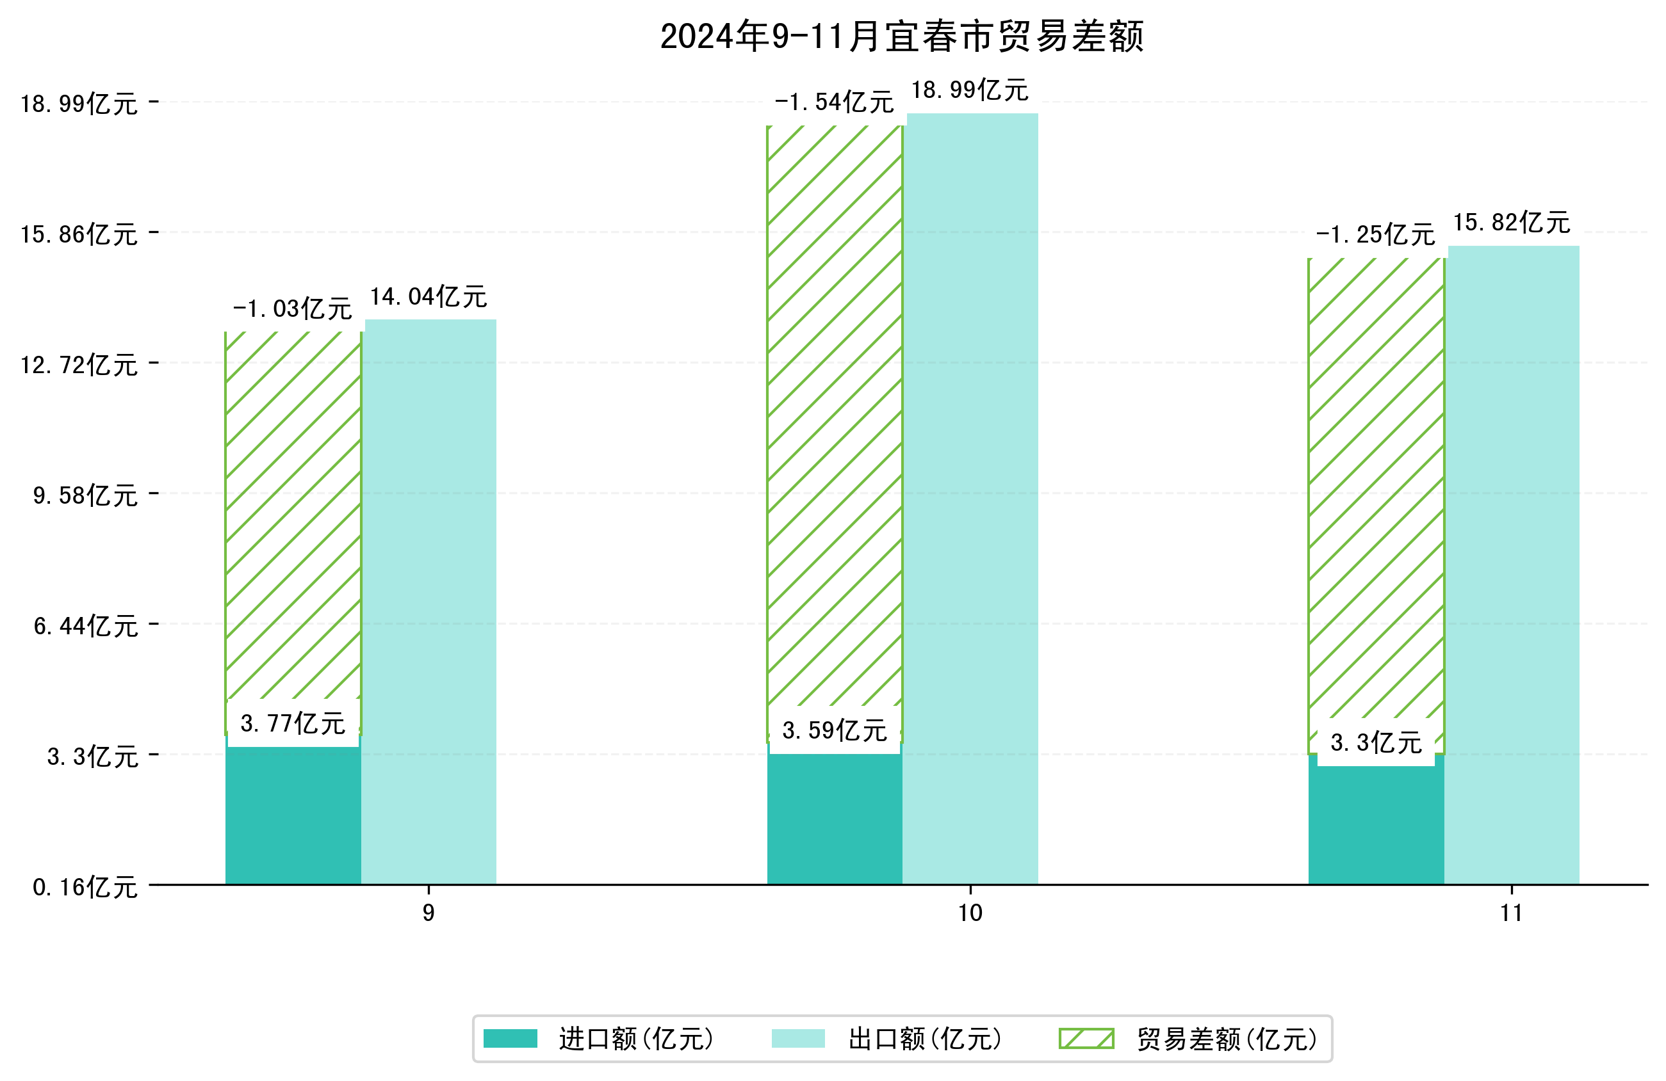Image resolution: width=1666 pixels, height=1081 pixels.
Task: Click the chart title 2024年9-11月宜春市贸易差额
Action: click(902, 36)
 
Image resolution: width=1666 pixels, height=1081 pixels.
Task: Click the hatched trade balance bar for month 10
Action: click(835, 420)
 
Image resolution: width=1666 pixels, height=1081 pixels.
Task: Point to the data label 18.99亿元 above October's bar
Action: click(970, 90)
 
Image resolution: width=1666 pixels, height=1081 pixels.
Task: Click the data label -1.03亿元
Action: click(292, 308)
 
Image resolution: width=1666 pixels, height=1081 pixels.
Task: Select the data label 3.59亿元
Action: click(835, 730)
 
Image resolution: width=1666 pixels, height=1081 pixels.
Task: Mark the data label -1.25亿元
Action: click(1375, 234)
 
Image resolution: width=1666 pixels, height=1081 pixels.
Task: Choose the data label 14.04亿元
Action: click(429, 297)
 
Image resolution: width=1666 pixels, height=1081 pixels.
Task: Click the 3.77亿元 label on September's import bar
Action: click(293, 723)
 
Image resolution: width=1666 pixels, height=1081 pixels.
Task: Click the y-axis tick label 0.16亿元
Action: click(85, 887)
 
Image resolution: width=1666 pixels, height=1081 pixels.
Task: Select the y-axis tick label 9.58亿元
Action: click(85, 495)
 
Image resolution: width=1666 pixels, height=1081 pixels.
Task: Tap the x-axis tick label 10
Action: click(970, 913)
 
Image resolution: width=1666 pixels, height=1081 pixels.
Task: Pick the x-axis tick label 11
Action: click(1511, 913)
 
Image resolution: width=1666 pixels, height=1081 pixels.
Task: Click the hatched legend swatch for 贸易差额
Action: click(1086, 1039)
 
